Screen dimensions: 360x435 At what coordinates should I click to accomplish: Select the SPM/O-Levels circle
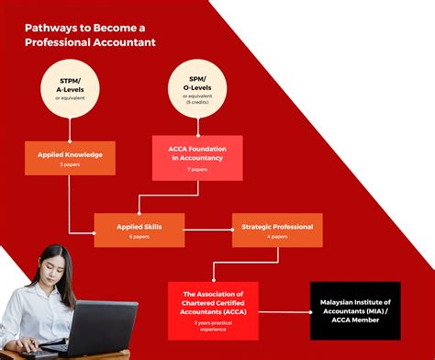coord(196,91)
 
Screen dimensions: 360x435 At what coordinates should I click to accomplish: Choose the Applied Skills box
coord(139,230)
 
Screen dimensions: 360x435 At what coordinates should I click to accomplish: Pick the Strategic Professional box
coord(277,230)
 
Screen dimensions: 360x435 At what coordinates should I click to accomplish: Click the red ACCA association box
coord(213,309)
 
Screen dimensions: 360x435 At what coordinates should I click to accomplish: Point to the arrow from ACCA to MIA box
coord(284,309)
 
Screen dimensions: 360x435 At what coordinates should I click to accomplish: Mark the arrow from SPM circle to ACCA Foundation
coord(196,125)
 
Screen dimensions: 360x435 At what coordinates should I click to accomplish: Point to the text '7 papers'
coord(196,170)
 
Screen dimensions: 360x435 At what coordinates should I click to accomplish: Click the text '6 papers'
coord(139,236)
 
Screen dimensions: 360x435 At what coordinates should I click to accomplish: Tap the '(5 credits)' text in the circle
coord(196,101)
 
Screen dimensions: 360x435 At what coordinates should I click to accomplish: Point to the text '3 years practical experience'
coord(213,326)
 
